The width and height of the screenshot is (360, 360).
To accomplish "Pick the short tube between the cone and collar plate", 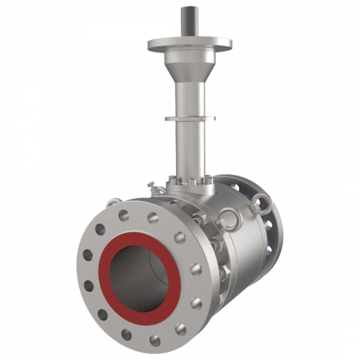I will (x=190, y=98).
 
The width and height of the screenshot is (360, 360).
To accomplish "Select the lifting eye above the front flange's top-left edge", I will (x=112, y=202).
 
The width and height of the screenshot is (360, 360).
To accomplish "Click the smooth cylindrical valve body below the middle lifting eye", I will (x=244, y=262).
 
